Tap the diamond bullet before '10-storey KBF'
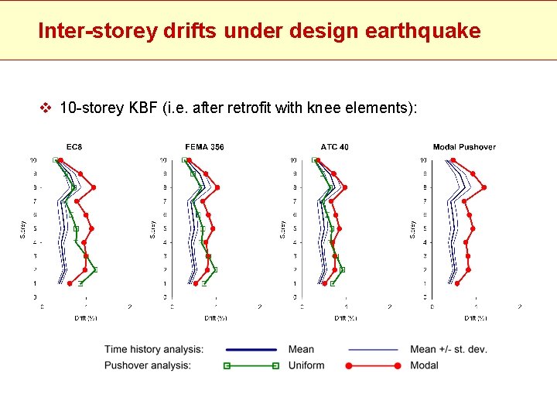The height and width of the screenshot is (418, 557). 45,108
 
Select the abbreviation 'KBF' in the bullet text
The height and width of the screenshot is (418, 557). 144,108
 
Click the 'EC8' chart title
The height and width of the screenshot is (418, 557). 74,147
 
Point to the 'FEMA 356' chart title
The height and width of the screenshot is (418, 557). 204,147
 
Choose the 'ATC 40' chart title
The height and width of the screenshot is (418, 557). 334,147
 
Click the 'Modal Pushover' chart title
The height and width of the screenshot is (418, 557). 464,147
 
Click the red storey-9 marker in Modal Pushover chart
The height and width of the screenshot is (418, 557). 484,187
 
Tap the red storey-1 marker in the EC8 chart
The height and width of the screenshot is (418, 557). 70,283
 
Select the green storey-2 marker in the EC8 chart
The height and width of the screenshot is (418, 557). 95,269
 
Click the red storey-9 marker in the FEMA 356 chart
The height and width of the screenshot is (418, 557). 217,187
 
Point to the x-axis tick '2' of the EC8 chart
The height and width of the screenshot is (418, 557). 129,307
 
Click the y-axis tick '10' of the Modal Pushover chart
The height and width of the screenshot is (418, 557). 422,160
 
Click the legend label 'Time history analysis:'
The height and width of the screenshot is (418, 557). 154,349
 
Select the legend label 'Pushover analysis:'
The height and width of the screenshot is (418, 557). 147,365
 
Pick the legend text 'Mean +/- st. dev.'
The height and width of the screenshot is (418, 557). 449,349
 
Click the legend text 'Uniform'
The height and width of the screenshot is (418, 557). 306,365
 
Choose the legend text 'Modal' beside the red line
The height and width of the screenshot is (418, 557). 424,365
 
